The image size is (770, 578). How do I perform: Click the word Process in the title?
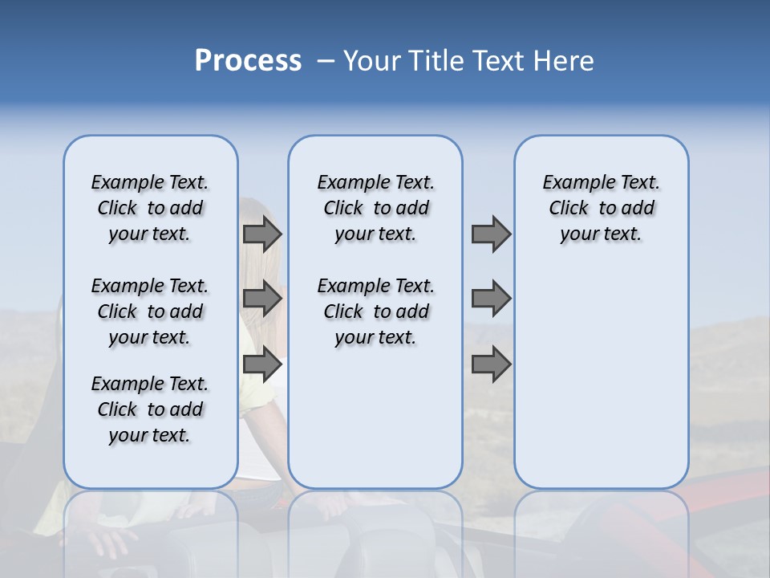point(248,61)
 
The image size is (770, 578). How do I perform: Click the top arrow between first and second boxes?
point(262,234)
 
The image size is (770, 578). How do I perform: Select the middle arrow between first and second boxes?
point(262,299)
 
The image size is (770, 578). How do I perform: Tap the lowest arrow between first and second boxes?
point(262,364)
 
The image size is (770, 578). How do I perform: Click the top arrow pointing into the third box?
point(491,234)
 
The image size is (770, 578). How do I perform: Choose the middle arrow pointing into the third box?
point(491,299)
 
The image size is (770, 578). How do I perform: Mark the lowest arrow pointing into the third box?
point(491,364)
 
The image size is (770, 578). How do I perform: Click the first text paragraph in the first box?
point(150,208)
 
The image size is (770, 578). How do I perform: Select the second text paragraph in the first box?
point(150,311)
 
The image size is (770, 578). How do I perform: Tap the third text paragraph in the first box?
point(150,409)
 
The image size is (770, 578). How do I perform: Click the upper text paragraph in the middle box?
point(375,208)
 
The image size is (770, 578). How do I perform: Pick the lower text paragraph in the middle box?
point(375,311)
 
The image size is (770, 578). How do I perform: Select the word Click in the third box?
point(569,209)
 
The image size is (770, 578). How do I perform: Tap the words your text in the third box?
point(601,234)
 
